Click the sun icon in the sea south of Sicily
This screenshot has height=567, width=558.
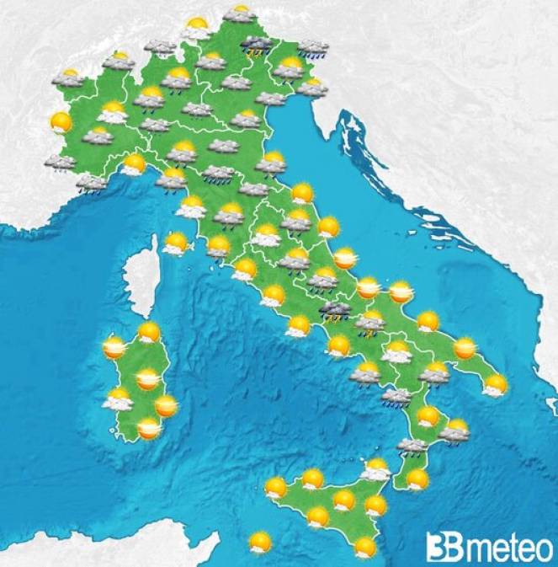point(261,542)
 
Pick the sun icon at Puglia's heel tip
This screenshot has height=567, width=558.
point(495,385)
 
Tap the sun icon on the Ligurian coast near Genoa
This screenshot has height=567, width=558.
point(134,163)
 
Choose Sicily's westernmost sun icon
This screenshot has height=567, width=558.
point(275,487)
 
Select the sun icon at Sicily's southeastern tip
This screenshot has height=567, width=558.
point(365,548)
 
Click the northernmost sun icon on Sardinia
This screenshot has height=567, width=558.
point(149,332)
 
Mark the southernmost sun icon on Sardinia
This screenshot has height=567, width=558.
point(149,430)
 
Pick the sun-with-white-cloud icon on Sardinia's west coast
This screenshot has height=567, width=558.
point(117,399)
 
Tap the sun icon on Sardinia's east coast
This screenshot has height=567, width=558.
point(167,407)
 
